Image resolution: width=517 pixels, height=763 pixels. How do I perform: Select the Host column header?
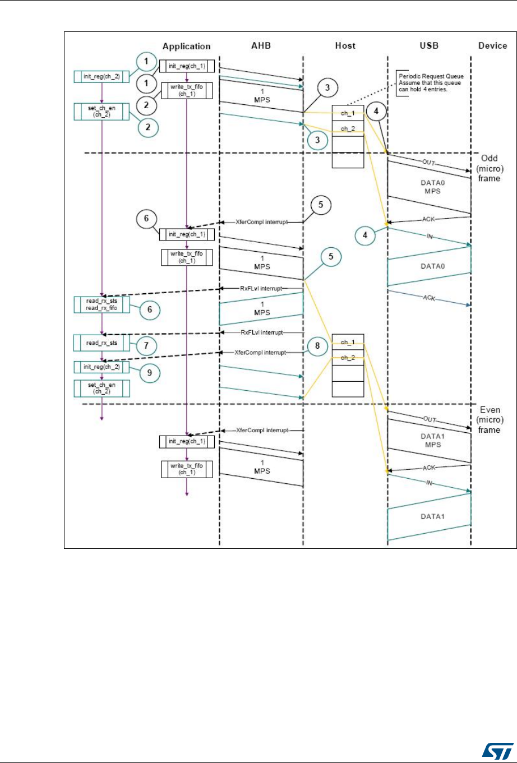(345, 46)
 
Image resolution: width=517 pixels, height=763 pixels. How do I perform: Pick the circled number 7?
(146, 346)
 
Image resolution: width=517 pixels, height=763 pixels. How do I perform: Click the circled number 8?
(317, 346)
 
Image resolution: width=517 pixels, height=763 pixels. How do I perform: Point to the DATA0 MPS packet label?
(429, 187)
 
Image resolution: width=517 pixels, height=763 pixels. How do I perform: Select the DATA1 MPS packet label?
(429, 440)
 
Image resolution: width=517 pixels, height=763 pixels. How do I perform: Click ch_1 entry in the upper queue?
(348, 113)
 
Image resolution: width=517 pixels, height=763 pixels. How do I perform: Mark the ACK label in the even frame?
(430, 466)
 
